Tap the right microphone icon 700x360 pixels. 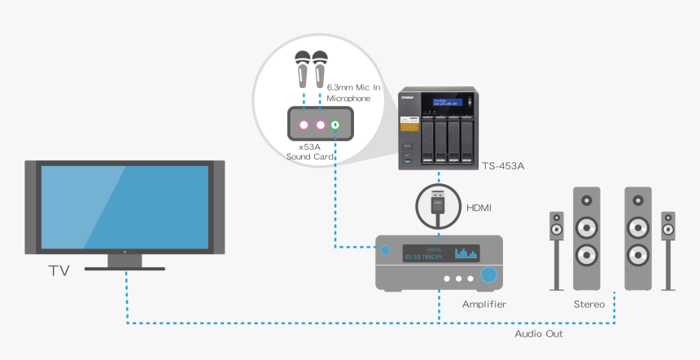pos(320,69)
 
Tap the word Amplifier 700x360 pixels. pos(484,305)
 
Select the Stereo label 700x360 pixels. pos(588,305)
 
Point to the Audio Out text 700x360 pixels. pos(538,334)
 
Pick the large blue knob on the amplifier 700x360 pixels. pos(488,275)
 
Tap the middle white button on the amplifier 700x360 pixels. pos(459,279)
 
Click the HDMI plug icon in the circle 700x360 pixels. pos(438,206)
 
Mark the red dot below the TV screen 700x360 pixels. pos(125,252)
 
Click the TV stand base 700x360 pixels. pos(125,266)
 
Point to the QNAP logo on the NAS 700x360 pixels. pos(407,98)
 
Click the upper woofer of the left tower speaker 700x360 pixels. pos(587,226)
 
